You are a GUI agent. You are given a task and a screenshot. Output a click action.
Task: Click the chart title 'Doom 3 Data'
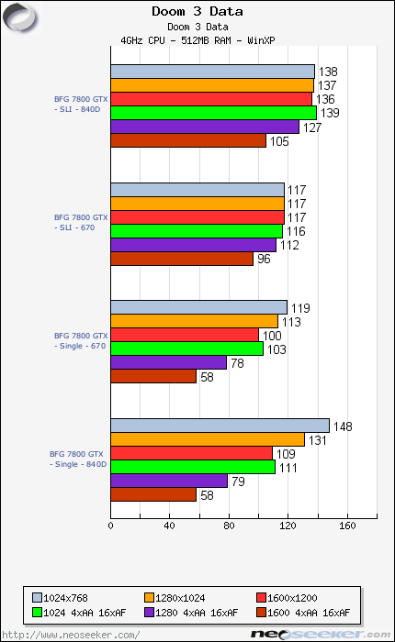[x=197, y=11]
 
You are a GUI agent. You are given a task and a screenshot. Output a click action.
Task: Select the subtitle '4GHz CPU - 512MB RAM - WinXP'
[x=197, y=39]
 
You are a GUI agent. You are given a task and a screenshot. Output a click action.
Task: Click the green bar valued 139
[x=213, y=113]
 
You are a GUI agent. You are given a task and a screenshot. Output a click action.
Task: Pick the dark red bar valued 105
[x=188, y=140]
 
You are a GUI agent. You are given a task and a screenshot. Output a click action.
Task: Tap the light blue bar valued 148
[x=220, y=426]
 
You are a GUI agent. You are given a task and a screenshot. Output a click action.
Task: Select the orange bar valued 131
[x=208, y=439]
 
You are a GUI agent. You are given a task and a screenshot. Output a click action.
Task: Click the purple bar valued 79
[x=169, y=481]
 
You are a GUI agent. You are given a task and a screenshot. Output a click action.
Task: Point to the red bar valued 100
[x=185, y=335]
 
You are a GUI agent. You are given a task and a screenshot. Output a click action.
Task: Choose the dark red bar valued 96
[x=182, y=259]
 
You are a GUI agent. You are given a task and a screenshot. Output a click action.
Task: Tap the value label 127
[x=311, y=127]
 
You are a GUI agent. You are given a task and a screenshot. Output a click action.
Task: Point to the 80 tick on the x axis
[x=229, y=526]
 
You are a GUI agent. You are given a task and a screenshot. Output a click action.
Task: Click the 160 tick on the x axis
[x=346, y=526]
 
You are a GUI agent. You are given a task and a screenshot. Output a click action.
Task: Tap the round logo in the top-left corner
[x=18, y=16]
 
